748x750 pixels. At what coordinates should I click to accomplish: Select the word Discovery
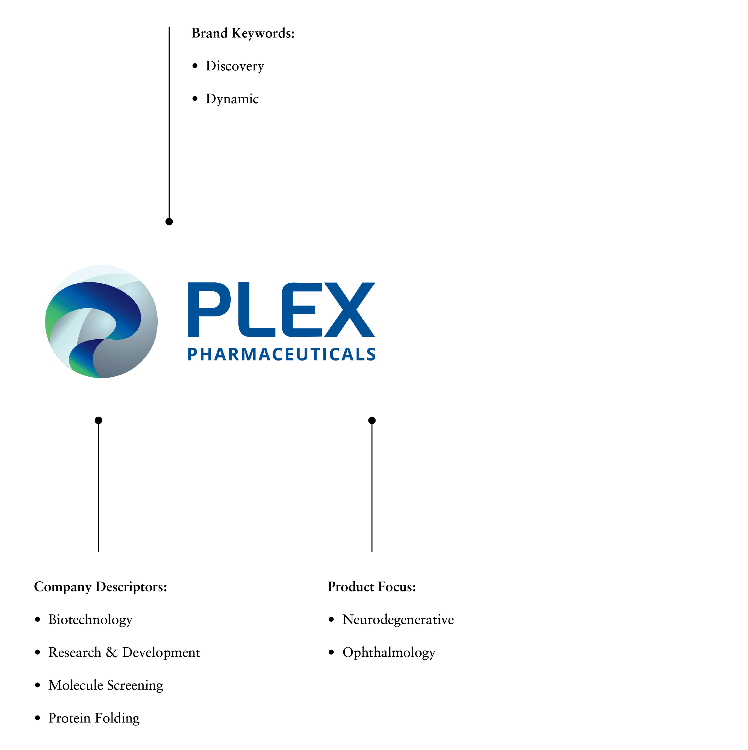(235, 66)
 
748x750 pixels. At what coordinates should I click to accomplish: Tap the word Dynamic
(232, 99)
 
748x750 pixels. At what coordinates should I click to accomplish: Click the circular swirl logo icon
(101, 321)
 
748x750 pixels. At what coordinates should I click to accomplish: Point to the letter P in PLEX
(209, 309)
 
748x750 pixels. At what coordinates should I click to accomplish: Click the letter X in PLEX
(349, 309)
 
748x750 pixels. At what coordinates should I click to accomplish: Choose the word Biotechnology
(90, 620)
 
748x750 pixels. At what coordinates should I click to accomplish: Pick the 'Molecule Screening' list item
(106, 685)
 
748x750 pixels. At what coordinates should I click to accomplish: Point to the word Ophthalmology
(389, 652)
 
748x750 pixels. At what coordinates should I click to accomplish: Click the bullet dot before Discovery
(195, 66)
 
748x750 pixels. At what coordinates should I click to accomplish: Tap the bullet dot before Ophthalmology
(331, 652)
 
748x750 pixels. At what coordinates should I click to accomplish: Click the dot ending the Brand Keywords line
(169, 222)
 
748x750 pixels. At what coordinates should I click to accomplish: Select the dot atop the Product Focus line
(372, 420)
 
